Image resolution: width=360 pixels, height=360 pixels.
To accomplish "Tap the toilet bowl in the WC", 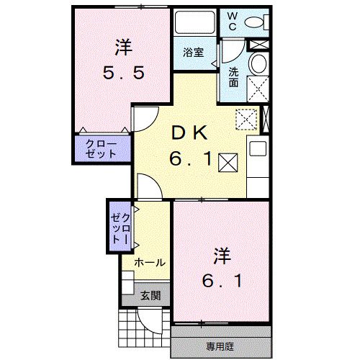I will (254, 23).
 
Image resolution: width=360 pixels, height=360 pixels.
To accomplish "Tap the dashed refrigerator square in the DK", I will (247, 117).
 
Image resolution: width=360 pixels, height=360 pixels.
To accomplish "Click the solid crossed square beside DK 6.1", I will (228, 162).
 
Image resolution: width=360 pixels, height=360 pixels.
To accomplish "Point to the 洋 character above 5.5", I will (120, 48).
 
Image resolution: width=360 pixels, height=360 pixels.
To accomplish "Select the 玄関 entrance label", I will (150, 295).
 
